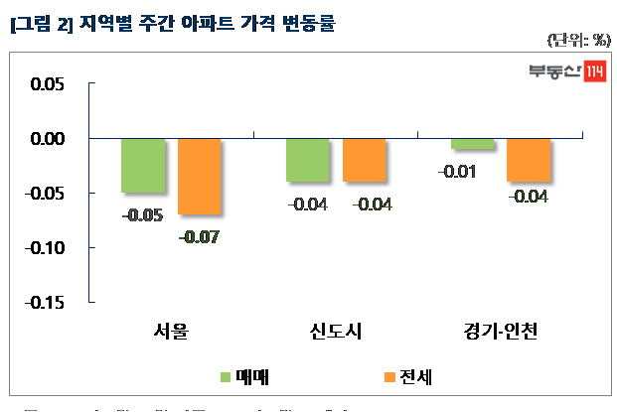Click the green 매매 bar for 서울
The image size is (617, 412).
coord(143,165)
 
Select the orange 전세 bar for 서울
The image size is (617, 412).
coord(200,176)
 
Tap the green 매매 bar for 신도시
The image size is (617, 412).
coord(307,160)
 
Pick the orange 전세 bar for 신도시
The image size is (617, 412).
coord(364,160)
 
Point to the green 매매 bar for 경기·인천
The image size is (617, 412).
coord(472,144)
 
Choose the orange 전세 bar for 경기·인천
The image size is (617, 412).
coord(529,160)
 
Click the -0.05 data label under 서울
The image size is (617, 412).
coord(143,215)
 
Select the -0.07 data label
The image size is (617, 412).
coord(199,237)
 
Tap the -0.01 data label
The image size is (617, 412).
coord(456,172)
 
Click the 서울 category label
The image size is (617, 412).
coord(171,331)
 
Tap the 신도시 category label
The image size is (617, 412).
coord(335,331)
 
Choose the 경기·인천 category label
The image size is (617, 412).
coord(500,331)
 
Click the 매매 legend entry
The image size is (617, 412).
coord(244,377)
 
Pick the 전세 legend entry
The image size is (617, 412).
coord(407,377)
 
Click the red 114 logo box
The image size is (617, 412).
coord(593,71)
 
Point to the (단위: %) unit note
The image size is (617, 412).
coord(579,40)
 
